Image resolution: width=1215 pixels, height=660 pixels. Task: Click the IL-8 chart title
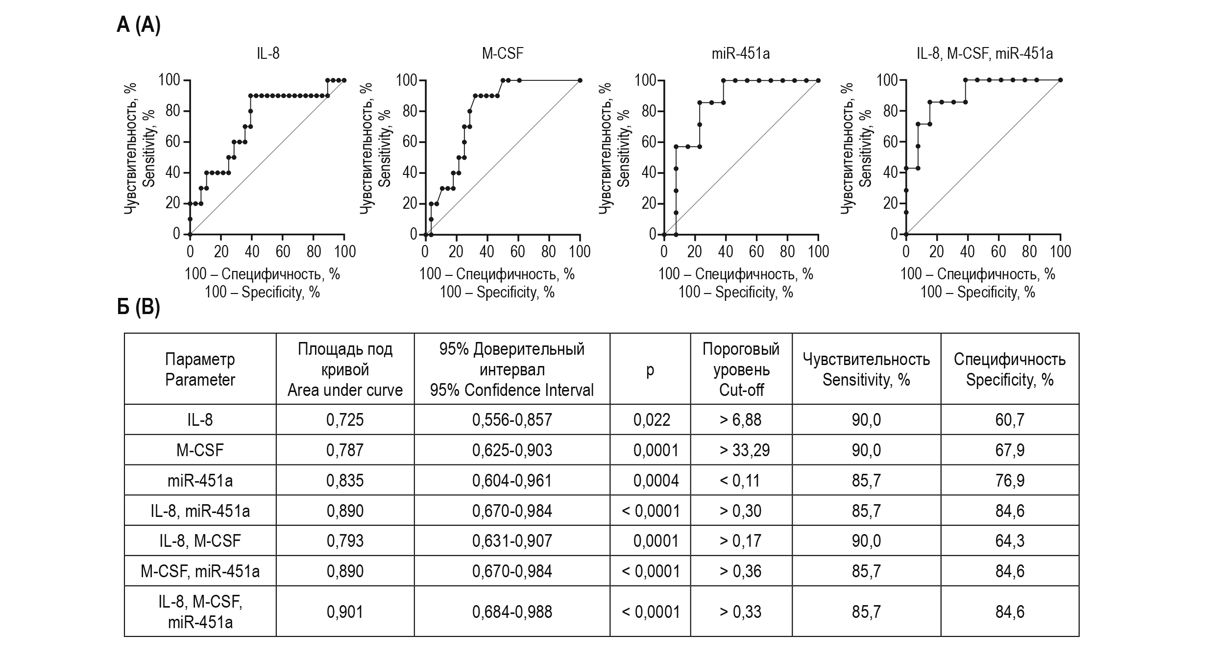(268, 53)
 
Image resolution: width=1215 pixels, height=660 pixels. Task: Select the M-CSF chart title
(503, 53)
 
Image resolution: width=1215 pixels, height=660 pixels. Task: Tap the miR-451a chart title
(740, 53)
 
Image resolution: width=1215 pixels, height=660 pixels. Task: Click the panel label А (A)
(139, 24)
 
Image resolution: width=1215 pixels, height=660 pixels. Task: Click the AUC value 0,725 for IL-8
(345, 420)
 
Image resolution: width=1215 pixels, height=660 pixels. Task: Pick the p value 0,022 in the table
(652, 420)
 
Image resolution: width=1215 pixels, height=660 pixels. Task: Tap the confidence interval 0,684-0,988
(512, 611)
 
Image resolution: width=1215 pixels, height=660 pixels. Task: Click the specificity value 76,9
(1010, 481)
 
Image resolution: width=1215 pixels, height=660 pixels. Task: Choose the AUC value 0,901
(345, 611)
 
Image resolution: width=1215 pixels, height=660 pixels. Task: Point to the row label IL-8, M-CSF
(200, 541)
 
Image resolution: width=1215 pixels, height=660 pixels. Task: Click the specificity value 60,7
(1010, 420)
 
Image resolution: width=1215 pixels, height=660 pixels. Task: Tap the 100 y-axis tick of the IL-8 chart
(169, 80)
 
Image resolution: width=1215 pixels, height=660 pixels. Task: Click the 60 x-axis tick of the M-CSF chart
(517, 252)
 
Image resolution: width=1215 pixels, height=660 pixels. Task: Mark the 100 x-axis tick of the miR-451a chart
(818, 252)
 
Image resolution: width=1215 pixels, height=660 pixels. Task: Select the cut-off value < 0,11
(740, 481)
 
